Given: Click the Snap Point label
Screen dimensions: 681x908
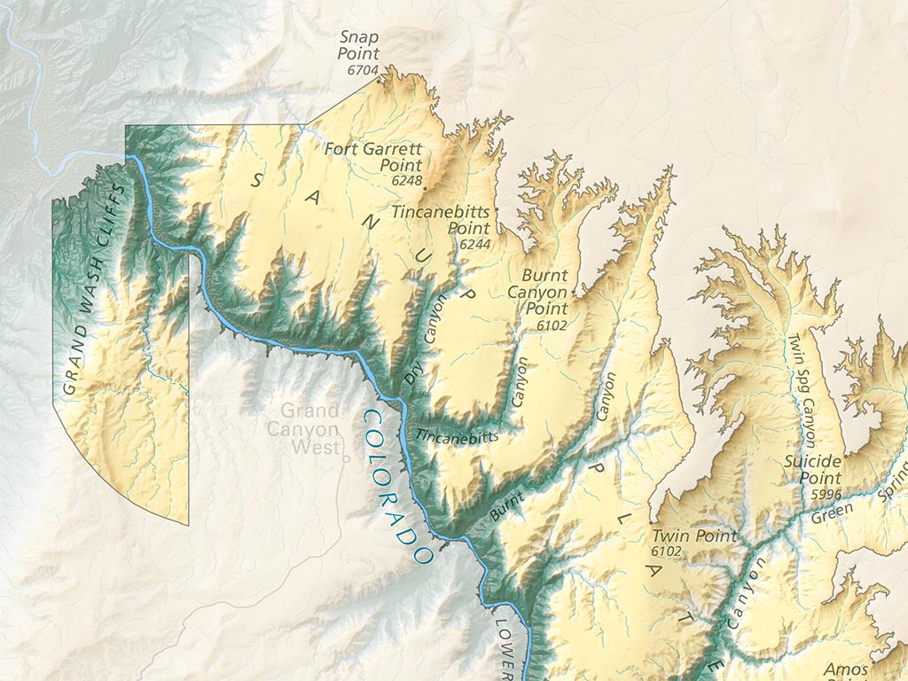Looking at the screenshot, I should [358, 45].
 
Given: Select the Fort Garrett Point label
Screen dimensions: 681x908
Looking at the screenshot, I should [373, 157].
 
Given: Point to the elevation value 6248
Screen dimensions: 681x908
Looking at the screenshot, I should [405, 180].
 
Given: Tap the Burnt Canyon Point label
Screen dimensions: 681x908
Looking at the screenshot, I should [544, 292].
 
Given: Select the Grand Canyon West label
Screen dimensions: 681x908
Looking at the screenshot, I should [309, 428].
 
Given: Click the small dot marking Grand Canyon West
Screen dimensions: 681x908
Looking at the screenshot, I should [346, 459].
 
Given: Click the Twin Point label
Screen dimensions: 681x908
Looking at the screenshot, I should [693, 536].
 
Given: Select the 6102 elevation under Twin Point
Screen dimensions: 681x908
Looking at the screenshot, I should [666, 552].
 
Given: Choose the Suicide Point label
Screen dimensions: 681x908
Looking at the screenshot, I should [812, 470].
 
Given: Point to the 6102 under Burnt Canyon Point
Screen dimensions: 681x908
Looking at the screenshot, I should [551, 325].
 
